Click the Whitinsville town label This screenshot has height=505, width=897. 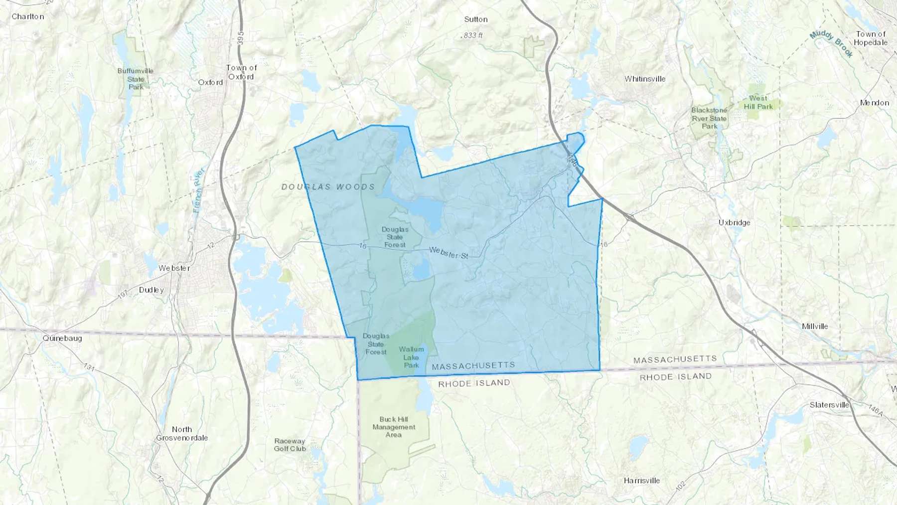645,79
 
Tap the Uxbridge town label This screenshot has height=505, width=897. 734,222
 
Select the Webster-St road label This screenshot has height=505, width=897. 448,253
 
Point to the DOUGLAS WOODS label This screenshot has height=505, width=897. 328,187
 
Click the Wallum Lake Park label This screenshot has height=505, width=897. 411,357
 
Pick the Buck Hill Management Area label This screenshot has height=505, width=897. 394,427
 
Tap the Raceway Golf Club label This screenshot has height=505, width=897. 290,445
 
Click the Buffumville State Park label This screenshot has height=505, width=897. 135,79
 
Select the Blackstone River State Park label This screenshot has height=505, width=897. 709,118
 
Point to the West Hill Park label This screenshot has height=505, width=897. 758,102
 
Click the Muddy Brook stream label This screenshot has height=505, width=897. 831,43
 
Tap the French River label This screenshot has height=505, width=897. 199,190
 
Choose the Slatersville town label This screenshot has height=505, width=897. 829,405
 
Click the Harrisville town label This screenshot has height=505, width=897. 642,481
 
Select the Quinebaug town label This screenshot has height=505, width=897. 62,338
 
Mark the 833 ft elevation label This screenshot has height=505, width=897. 472,35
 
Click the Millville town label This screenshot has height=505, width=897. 815,327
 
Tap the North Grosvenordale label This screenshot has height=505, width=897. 182,433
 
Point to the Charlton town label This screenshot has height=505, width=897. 28,16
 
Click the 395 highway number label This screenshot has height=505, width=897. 241,39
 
